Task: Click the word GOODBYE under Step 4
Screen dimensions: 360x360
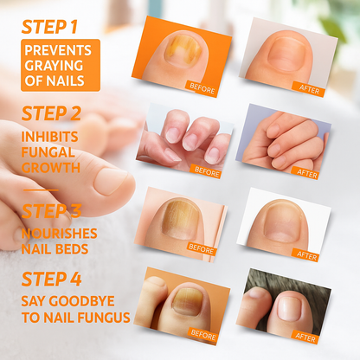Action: coord(97,301)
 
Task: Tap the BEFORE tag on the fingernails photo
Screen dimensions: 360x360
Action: coord(208,172)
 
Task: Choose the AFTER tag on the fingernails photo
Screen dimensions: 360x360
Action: coord(307,173)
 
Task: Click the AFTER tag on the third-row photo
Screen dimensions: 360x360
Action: coord(306,255)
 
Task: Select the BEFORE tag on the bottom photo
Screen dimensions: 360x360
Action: coord(203,334)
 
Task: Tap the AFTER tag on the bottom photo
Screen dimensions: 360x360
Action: coord(305,337)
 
